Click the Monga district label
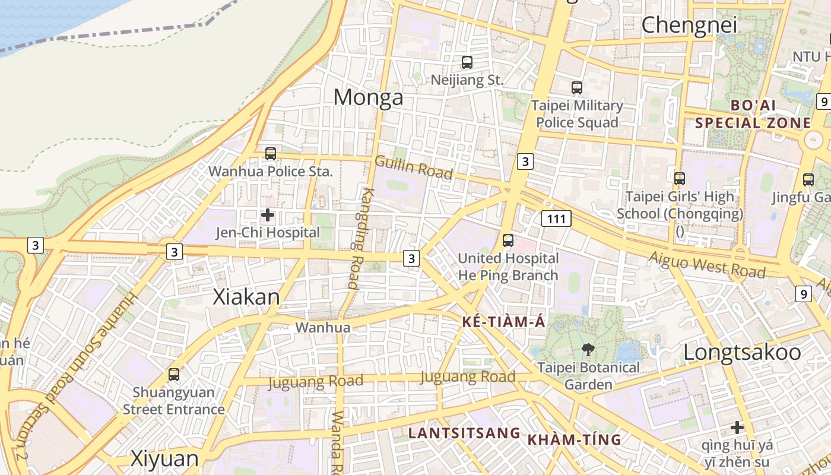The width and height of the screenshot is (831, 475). point(368,97)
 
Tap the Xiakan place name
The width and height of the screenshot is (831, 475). point(246,297)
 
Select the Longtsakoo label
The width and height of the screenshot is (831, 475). point(742,352)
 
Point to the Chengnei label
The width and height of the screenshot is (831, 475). point(689,25)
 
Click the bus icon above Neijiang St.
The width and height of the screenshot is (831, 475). point(467,62)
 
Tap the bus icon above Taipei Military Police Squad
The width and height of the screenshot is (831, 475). point(576,88)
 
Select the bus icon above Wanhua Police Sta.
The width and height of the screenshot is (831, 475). point(271,154)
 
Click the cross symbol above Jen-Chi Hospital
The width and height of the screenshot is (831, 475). point(268,215)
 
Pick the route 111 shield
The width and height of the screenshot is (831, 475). point(556,218)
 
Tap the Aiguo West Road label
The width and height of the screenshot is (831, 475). point(707,265)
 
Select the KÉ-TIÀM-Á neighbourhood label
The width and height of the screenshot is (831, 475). point(503,322)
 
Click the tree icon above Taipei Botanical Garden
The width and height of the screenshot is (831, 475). point(588,350)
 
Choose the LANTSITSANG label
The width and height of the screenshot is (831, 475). point(464,433)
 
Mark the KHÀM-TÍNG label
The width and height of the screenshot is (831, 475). point(574,440)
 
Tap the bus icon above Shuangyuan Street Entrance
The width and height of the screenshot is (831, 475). point(173,375)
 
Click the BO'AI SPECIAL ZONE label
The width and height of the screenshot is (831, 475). point(753,114)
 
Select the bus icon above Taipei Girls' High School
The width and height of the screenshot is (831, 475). point(680,178)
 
